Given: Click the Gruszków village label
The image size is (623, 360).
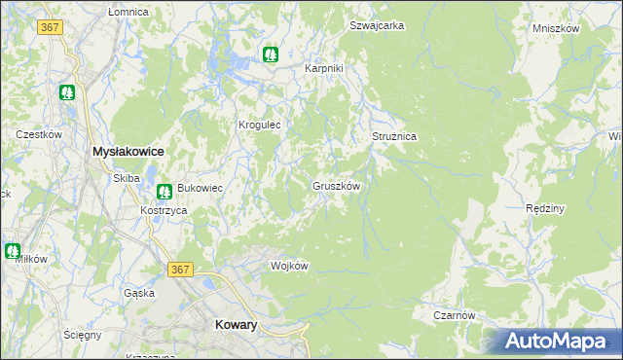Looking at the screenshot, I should pos(338,185).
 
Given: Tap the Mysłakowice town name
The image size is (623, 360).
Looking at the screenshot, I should pos(127,152).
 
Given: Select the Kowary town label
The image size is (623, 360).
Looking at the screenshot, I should pos(235,326).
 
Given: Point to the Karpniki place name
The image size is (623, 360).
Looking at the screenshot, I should pos(325,69).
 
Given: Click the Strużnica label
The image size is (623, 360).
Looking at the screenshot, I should pos(394,137).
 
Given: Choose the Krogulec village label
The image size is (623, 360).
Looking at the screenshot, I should pos(260,125).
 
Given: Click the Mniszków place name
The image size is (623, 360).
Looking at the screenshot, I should pos(556,28).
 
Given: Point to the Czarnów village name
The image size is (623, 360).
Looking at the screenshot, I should pos(454,315).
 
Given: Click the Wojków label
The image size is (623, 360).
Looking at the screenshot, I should pos(289,266).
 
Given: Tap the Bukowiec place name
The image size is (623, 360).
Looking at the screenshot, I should pos(200,188).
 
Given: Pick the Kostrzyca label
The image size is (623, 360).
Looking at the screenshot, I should pos(163,210).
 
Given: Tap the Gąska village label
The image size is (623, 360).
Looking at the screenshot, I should pos(139,293).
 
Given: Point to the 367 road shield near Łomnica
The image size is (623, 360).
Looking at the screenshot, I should pos(51,27).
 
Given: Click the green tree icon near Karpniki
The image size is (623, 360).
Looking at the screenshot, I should pos(271,54).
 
